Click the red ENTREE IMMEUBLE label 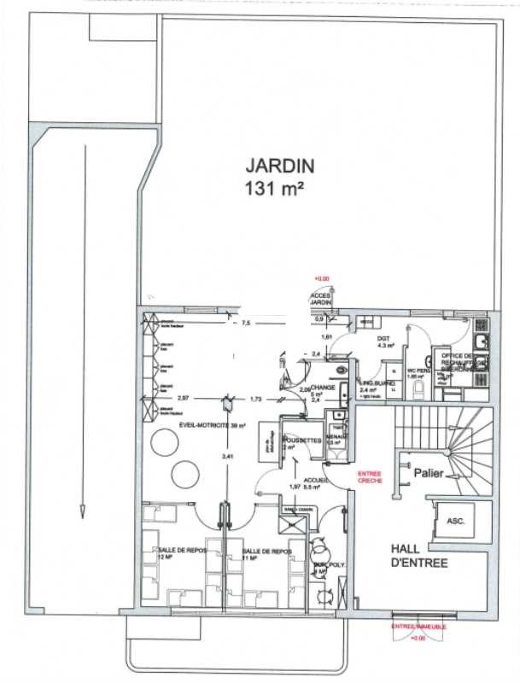pos(417,628)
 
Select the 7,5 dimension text pos(246,324)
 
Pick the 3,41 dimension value pos(226,458)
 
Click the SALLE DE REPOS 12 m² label pos(177,554)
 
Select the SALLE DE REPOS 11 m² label pos(266,554)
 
